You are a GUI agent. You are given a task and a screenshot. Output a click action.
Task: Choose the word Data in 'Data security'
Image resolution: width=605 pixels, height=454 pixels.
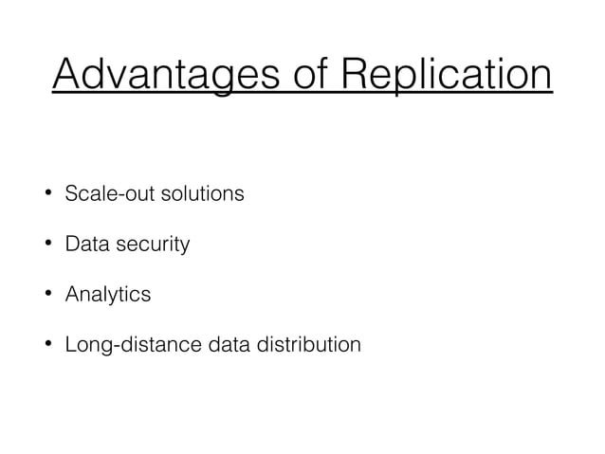tap(83, 245)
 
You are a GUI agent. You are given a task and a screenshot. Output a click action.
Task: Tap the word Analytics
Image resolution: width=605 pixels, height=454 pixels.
tap(107, 295)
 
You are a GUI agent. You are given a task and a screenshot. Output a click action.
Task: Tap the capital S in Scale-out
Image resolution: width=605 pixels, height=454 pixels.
tap(70, 195)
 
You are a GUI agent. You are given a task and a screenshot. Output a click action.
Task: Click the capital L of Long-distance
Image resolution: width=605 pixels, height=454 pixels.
tap(69, 344)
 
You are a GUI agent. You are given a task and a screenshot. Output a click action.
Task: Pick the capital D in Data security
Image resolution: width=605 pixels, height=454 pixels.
tap(71, 245)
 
